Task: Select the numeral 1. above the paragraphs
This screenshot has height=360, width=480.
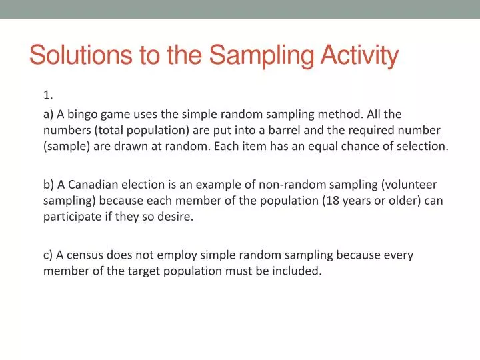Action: (48, 95)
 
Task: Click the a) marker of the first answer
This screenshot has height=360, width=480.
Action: (48, 114)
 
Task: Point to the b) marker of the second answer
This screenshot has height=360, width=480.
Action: (49, 185)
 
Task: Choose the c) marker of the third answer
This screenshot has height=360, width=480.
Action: (48, 255)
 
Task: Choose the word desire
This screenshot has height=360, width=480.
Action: (175, 217)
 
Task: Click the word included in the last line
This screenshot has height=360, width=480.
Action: (297, 271)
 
